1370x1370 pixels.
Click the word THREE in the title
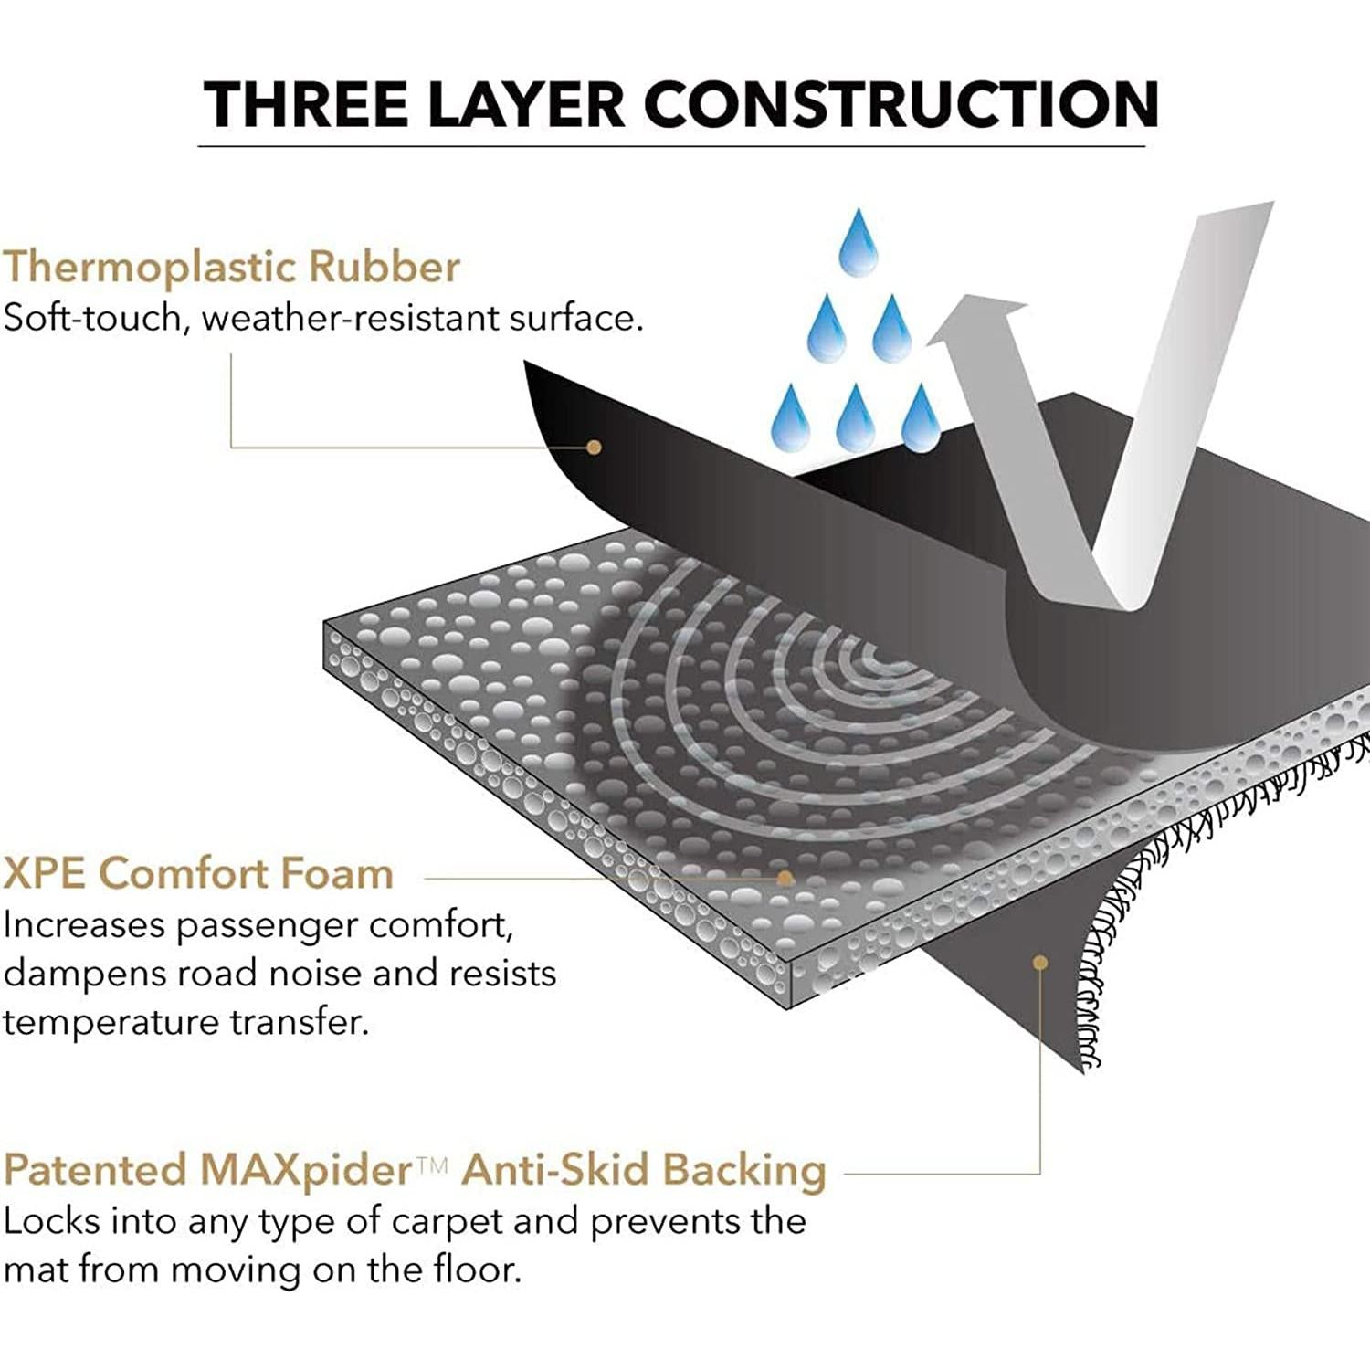[306, 103]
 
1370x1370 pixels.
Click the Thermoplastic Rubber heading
[231, 267]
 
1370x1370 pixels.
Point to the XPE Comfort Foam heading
[198, 873]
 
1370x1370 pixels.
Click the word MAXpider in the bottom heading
[306, 1171]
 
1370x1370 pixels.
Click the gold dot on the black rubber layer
[594, 448]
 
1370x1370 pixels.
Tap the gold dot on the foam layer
[785, 879]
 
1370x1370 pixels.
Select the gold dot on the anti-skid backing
[1040, 962]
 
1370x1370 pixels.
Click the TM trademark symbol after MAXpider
[432, 1164]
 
